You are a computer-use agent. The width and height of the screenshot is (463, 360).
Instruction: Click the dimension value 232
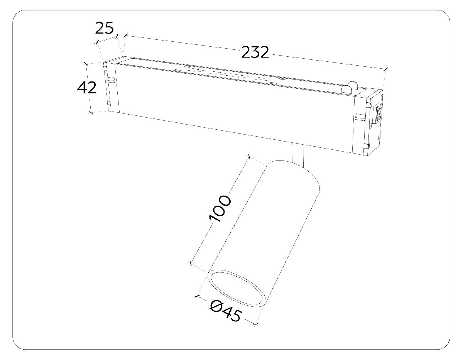pos(255,52)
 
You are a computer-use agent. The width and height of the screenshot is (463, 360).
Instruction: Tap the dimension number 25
pos(104,28)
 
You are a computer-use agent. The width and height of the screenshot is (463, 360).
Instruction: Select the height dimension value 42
pos(87,88)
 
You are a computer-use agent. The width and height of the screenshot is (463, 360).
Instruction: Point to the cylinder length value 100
pos(220,208)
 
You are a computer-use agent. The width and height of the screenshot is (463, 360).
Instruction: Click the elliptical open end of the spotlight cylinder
pos(237,288)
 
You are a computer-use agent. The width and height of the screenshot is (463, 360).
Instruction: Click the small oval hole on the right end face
pos(371,126)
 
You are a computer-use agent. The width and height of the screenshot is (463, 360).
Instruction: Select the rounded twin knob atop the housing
pos(350,87)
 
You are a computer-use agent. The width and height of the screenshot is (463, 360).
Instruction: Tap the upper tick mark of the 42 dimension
pos(86,64)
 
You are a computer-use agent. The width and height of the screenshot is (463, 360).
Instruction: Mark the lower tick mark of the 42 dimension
pos(91,112)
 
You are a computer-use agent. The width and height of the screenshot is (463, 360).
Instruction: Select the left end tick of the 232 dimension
pos(126,35)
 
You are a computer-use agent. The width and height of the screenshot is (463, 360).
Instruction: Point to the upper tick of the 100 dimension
pos(248,157)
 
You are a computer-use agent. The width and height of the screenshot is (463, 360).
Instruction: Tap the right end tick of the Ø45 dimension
pos(255,325)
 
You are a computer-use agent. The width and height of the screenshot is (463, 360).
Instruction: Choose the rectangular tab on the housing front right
pos(360,116)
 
